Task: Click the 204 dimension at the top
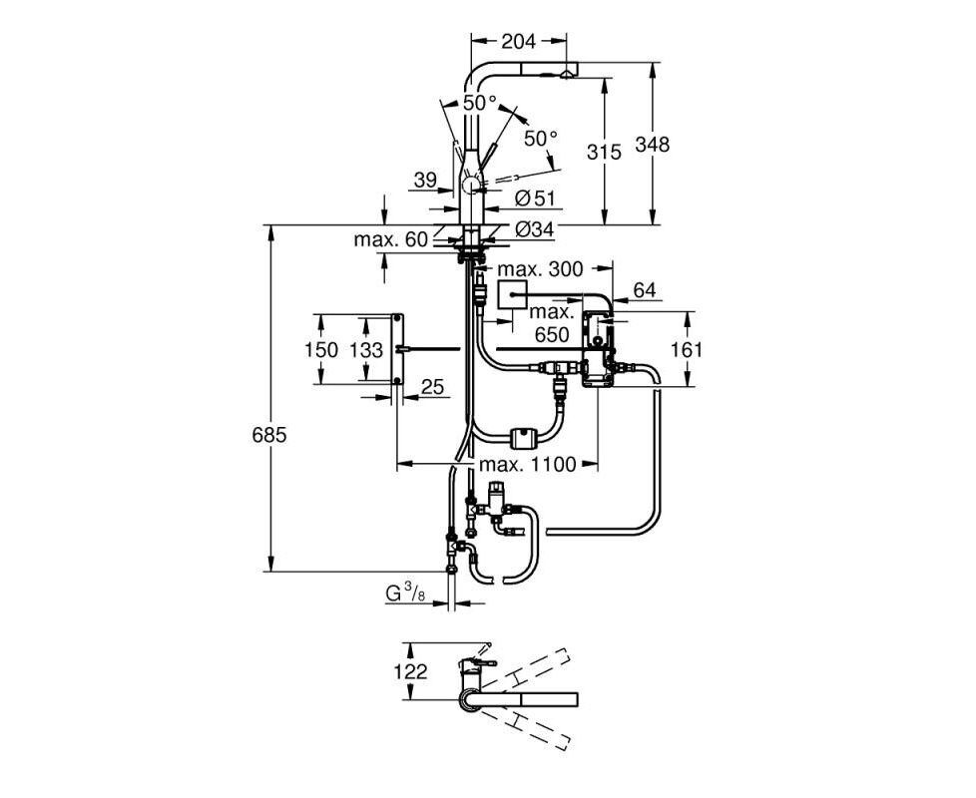pos(518,41)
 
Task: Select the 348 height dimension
pos(652,145)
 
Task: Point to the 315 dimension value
pos(604,152)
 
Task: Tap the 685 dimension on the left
pos(268,435)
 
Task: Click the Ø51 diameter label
pos(535,199)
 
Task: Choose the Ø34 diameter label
pos(535,229)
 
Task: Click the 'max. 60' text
pos(391,239)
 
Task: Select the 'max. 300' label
pos(540,269)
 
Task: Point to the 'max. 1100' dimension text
pos(527,464)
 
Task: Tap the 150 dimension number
pos(321,349)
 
